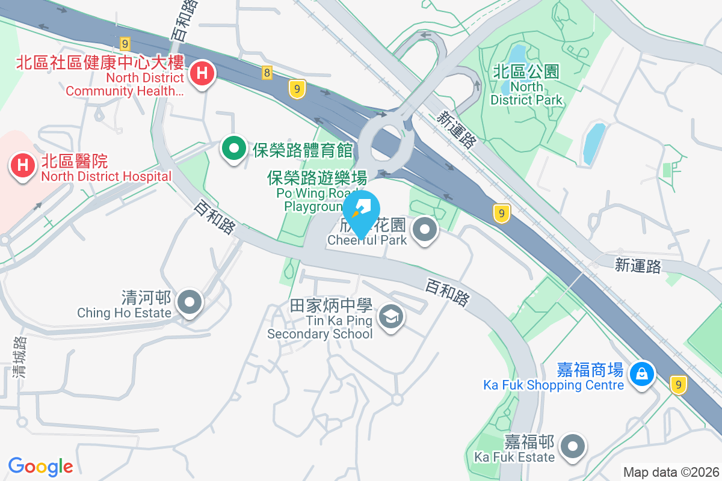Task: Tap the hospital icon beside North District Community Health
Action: (203, 74)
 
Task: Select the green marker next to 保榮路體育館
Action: (234, 149)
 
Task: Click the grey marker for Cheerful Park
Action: (425, 229)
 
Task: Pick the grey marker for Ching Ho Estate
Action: (191, 302)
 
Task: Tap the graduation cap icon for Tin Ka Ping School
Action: (391, 316)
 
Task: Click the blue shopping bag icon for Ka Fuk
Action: (643, 374)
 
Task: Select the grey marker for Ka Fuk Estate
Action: (573, 446)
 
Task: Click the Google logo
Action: (41, 466)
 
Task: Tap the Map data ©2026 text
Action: (670, 472)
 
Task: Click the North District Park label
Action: (526, 85)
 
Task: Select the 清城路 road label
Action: (20, 357)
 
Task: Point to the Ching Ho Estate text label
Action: (125, 305)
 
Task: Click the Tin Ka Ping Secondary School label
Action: (320, 320)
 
